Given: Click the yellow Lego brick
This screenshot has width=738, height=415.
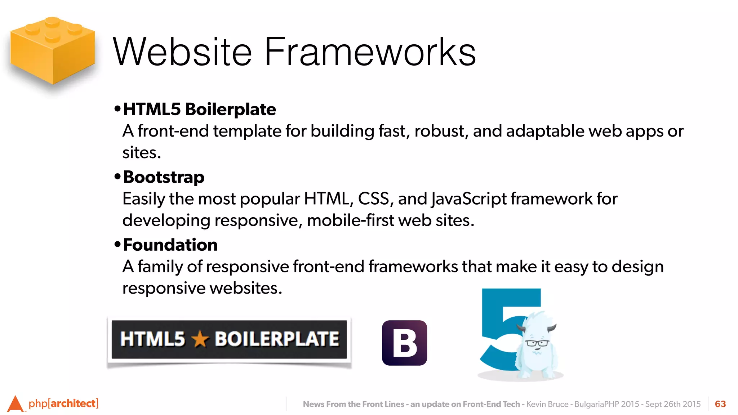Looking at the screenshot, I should pyautogui.click(x=53, y=50).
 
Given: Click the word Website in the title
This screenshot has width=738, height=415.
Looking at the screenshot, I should pyautogui.click(x=182, y=52).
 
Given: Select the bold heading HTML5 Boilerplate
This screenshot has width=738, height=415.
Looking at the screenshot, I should pyautogui.click(x=199, y=109).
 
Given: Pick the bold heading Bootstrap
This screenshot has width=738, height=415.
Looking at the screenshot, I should pyautogui.click(x=164, y=177).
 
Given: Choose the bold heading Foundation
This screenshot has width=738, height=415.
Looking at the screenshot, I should pyautogui.click(x=170, y=245).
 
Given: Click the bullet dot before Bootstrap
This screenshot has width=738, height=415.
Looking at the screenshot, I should pyautogui.click(x=117, y=177).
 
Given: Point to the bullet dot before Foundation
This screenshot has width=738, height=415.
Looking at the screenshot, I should pyautogui.click(x=117, y=244).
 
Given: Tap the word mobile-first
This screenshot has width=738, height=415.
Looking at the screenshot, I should pyautogui.click(x=350, y=220).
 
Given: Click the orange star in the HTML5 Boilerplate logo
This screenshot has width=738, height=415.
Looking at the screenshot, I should pyautogui.click(x=200, y=339).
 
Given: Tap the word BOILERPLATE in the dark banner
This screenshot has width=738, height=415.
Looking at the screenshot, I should pyautogui.click(x=277, y=339).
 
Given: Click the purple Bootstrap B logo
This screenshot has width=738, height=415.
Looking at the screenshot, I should pyautogui.click(x=404, y=343).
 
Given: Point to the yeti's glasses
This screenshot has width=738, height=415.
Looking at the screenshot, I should pyautogui.click(x=537, y=343).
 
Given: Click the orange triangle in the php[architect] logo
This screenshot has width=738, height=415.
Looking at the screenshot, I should pyautogui.click(x=15, y=404).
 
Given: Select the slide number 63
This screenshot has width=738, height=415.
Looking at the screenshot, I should pyautogui.click(x=720, y=404).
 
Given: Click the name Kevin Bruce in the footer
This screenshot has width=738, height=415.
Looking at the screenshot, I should pyautogui.click(x=547, y=404).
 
